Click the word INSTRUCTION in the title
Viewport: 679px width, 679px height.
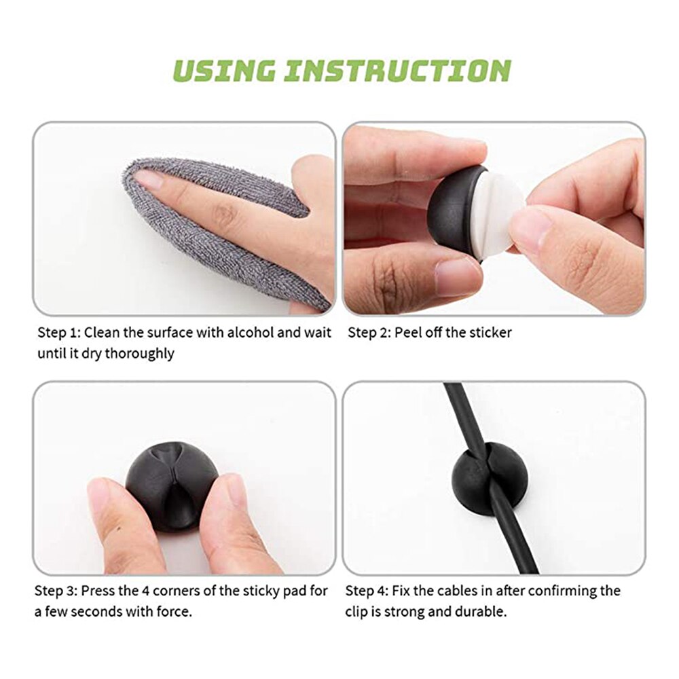click(397, 71)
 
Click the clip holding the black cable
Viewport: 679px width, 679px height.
click(480, 479)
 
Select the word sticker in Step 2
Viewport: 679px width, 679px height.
click(490, 333)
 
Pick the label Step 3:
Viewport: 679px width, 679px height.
click(56, 591)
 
